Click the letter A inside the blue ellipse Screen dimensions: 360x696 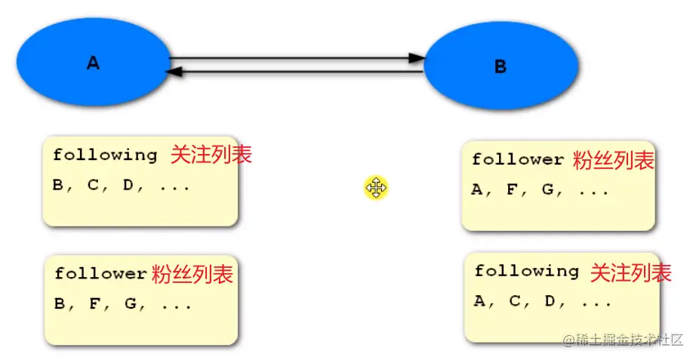click(x=93, y=63)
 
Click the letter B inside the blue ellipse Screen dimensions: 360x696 click(x=500, y=67)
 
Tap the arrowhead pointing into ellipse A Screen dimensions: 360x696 click(x=174, y=72)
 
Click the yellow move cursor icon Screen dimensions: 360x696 click(x=375, y=187)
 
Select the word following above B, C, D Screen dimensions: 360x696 click(x=105, y=155)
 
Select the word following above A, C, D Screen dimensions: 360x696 click(x=526, y=271)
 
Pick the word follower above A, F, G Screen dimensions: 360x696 click(x=518, y=160)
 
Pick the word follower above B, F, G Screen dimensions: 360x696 click(x=100, y=274)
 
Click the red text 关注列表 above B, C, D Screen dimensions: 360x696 click(x=211, y=155)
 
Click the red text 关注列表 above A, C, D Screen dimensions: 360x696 click(x=630, y=272)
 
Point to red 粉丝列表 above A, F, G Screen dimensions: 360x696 click(x=613, y=160)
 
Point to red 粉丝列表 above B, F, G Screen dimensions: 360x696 click(x=192, y=273)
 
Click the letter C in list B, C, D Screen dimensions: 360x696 click(x=93, y=185)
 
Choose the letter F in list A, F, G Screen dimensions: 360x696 click(x=512, y=190)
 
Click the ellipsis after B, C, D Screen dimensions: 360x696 click(x=174, y=186)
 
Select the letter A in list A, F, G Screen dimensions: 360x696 click(x=477, y=190)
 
